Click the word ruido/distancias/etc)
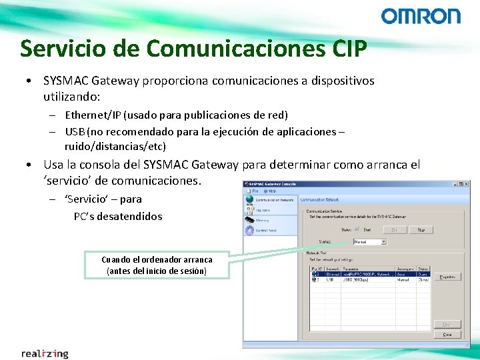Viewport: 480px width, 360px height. point(115,146)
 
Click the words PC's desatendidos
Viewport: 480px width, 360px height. point(118,216)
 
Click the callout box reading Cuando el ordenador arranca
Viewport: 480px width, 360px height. point(157,265)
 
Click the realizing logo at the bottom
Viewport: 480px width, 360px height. point(45,353)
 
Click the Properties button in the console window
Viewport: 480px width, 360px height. point(447,276)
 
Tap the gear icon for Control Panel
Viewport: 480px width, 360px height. point(249,229)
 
